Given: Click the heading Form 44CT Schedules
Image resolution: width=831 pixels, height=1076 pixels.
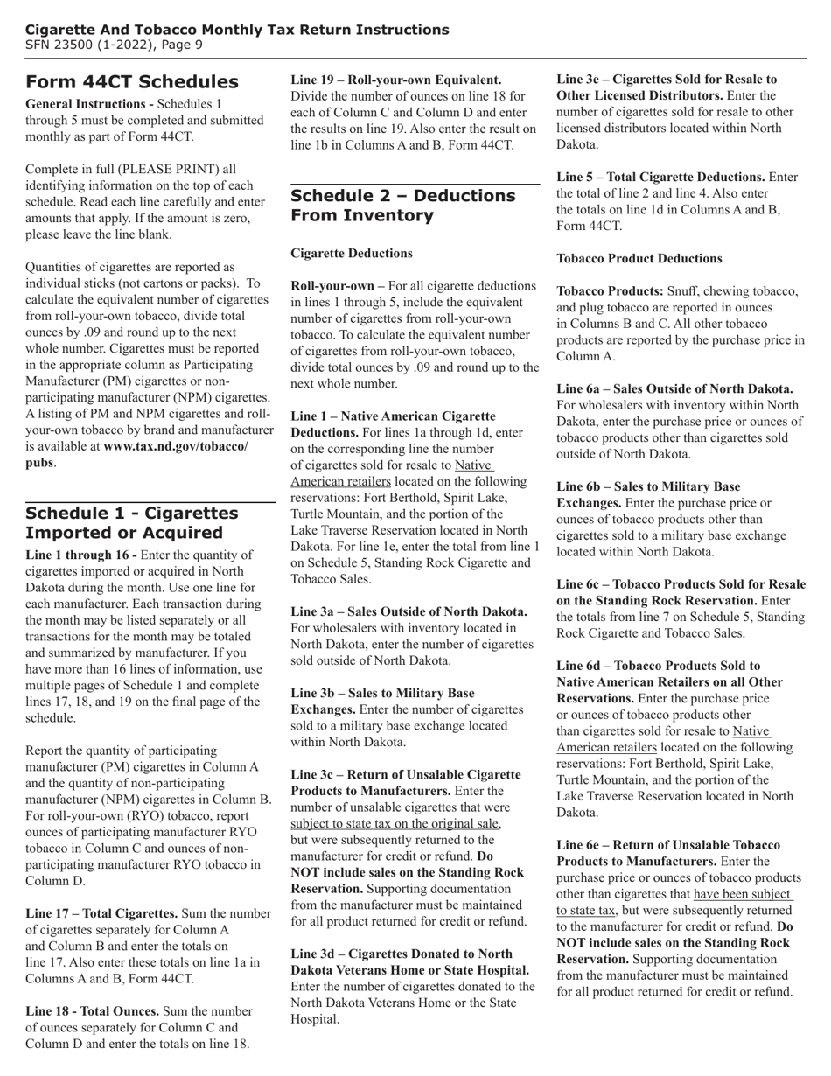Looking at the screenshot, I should point(131,82).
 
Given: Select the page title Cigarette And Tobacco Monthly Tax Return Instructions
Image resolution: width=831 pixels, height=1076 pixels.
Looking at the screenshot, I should point(237,30).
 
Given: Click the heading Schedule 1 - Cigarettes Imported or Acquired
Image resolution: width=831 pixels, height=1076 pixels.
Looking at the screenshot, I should point(131,523).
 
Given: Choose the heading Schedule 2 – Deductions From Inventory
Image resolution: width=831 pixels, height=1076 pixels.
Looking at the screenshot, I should point(402,206).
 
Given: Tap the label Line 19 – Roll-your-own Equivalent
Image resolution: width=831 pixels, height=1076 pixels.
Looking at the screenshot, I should point(395,80).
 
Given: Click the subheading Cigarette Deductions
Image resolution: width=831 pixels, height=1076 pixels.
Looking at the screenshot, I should point(351,254).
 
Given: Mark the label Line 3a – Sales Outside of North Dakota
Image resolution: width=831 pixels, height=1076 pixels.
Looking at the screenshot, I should point(409,611).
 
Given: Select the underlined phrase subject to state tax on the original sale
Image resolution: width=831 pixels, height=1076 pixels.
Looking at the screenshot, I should point(395,823).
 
